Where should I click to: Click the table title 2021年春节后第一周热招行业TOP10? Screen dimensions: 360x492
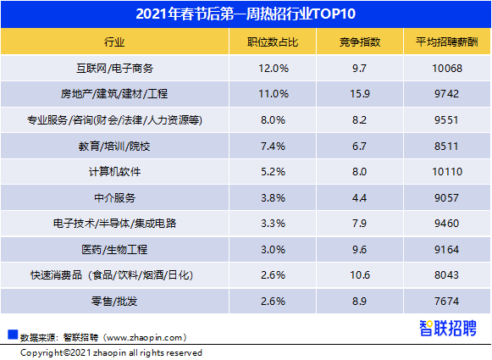coord(246,14)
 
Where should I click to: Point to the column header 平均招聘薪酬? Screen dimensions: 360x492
coord(446,42)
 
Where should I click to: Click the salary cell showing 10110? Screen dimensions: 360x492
coord(446,172)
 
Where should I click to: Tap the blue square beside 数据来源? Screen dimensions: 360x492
coord(12,333)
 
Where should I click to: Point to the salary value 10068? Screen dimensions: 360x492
coord(446,68)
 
